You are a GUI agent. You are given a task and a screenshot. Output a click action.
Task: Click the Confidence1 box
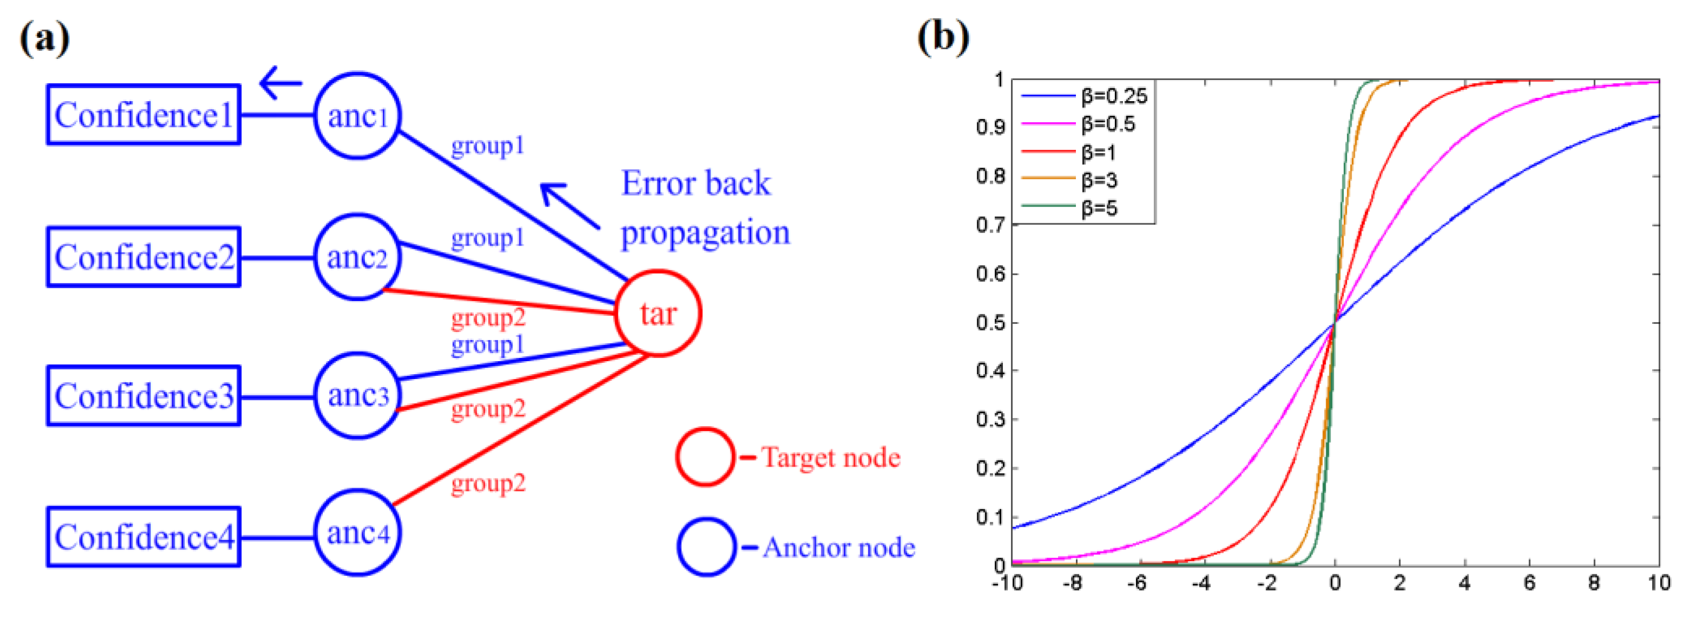tap(143, 115)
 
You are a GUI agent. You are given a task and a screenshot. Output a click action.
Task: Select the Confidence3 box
tap(143, 396)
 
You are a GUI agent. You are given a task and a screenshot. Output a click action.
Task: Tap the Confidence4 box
tap(143, 537)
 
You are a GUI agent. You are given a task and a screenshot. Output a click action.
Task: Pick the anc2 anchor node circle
tap(357, 257)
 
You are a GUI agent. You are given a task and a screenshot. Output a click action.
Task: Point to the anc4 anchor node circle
tap(357, 533)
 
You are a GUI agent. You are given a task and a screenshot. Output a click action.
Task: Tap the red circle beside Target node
tap(706, 457)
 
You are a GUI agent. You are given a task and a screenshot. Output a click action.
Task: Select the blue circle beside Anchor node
tap(707, 547)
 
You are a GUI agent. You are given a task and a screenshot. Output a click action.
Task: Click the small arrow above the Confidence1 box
tap(281, 83)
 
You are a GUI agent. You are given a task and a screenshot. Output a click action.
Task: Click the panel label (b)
tap(943, 37)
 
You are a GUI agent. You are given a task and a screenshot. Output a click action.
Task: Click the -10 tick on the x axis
tap(1007, 583)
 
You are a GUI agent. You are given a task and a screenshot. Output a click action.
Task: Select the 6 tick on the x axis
tap(1530, 583)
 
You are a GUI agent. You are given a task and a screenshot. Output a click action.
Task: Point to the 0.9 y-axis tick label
tap(990, 127)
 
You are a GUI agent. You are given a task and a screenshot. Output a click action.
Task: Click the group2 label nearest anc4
tap(488, 484)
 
